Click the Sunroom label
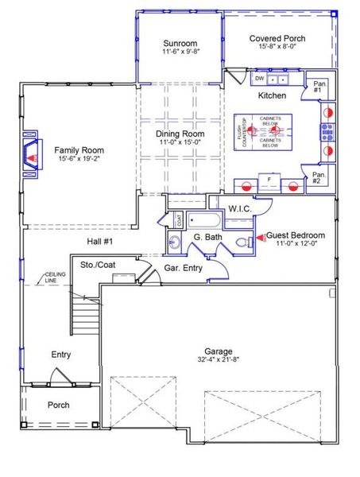click(180, 43)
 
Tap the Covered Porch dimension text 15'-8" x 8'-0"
click(277, 47)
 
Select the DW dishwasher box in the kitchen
click(259, 79)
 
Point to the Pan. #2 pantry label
click(319, 177)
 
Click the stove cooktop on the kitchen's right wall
click(327, 131)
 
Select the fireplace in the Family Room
click(31, 150)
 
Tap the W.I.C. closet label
click(240, 209)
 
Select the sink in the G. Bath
click(176, 241)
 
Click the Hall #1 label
click(101, 241)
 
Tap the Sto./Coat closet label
click(98, 264)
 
